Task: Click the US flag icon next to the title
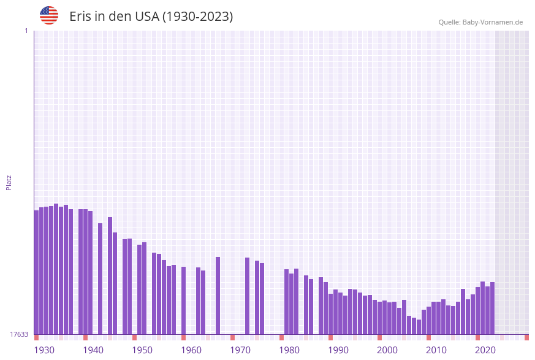coord(49,15)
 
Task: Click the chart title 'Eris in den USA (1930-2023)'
coord(151,17)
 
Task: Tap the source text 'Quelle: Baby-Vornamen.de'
coord(480,22)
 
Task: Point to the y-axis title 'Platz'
coord(9,182)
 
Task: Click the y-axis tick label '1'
coord(26,31)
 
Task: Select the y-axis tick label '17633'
coord(18,334)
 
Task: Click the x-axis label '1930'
coord(44,350)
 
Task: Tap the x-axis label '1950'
coord(142,350)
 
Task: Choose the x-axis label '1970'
coord(240,350)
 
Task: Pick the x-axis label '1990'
coord(338,350)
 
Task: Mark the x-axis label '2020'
coord(485,350)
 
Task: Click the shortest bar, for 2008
coord(419,327)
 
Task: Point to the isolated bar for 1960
coord(184,301)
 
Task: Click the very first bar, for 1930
coord(37,272)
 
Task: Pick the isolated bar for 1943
coord(101,278)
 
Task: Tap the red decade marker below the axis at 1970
coord(233,337)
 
